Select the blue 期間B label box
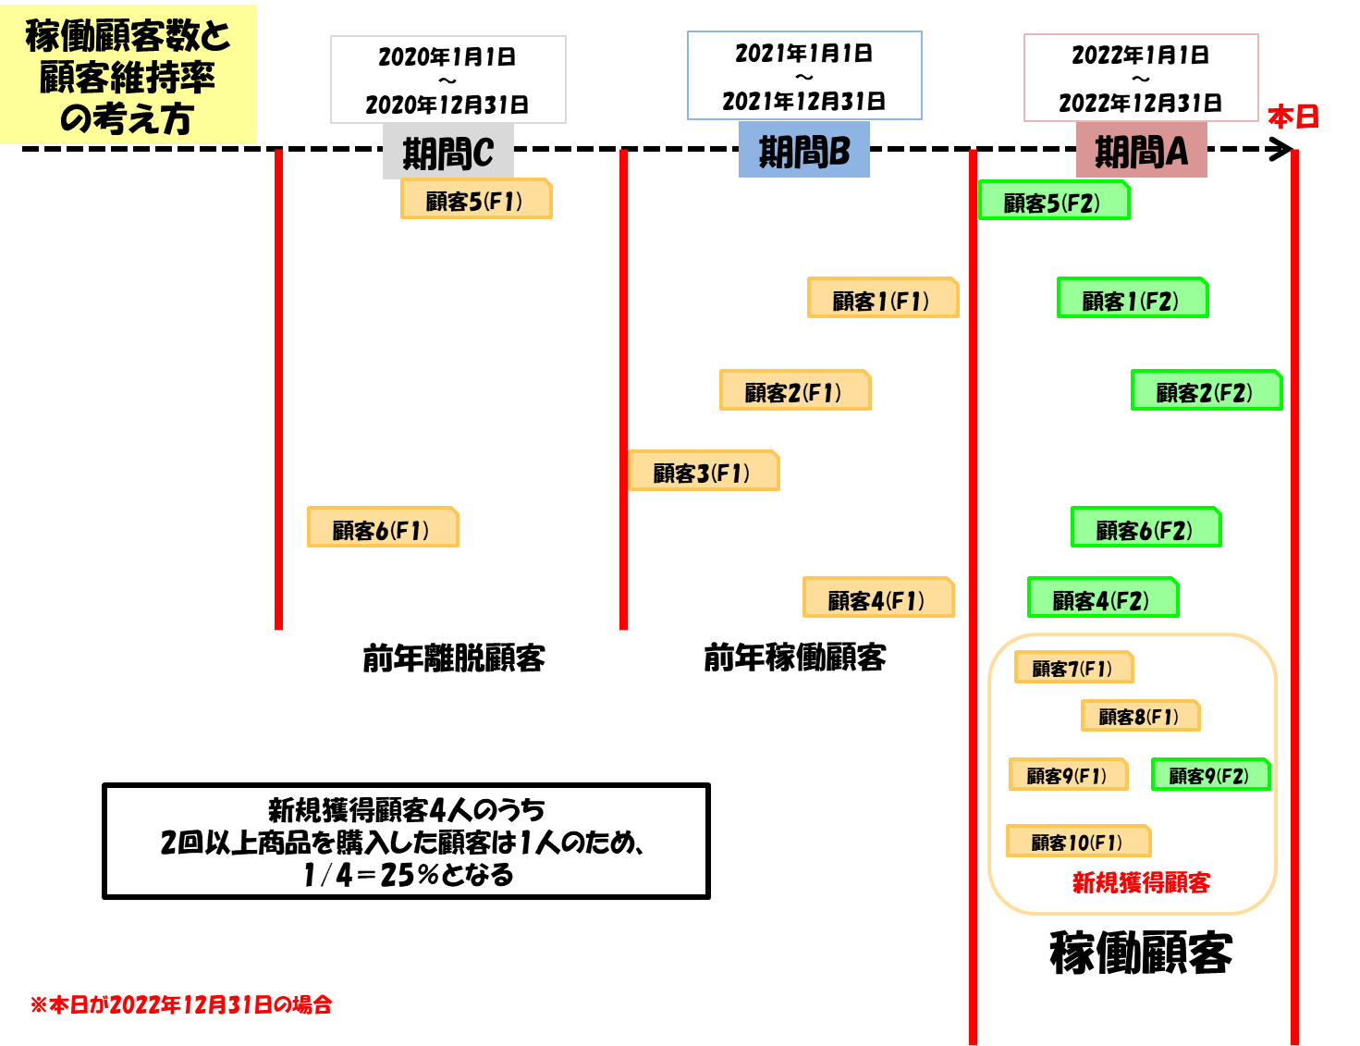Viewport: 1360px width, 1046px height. click(x=803, y=151)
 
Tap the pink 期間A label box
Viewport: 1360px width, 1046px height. click(x=1141, y=151)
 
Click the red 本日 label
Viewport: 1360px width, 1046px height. click(x=1293, y=117)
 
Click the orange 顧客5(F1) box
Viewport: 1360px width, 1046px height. click(x=475, y=200)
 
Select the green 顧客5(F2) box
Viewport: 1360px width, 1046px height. click(x=1053, y=202)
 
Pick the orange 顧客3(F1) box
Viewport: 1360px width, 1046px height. click(x=703, y=472)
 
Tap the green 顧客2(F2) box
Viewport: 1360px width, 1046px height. click(x=1206, y=391)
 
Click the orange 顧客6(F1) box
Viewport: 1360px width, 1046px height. click(x=382, y=528)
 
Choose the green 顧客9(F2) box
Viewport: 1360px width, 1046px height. click(x=1210, y=775)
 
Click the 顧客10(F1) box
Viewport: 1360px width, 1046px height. click(x=1078, y=842)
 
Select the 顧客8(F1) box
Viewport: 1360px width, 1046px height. click(x=1140, y=716)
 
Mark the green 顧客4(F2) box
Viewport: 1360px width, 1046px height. click(x=1102, y=599)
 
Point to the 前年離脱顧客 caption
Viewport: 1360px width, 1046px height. click(x=453, y=658)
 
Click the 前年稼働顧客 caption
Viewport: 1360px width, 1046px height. click(x=794, y=658)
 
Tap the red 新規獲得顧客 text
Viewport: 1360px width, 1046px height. click(x=1141, y=882)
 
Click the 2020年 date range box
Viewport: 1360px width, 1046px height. click(x=447, y=80)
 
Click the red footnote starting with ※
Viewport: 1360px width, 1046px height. click(x=181, y=1004)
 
